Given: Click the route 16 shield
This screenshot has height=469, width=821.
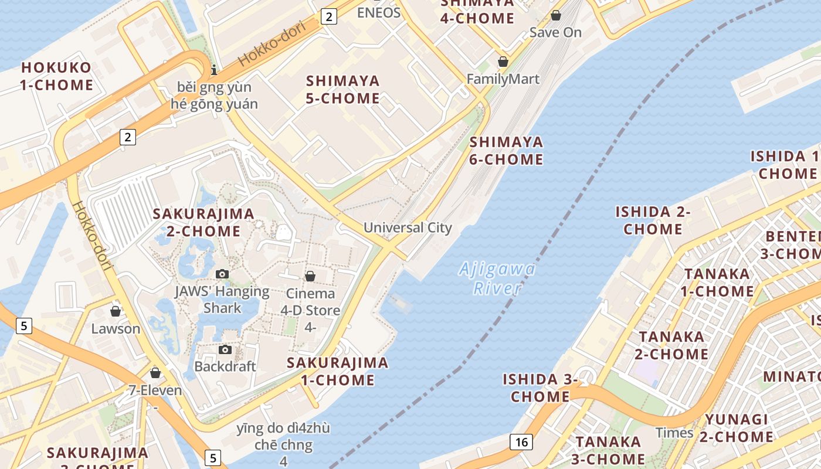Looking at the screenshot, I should pos(521,441).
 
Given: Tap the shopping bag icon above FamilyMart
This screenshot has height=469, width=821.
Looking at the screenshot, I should pos(503,62).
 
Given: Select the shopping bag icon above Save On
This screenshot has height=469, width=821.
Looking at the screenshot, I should pos(555,15).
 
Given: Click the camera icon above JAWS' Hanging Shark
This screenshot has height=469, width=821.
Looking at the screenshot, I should pos(222,274).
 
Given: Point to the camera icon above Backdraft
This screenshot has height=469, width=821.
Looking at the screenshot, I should pos(225,350).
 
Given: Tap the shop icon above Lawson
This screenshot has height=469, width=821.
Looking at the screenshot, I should pos(116,311).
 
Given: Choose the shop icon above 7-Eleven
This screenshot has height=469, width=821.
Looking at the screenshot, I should pos(155,373).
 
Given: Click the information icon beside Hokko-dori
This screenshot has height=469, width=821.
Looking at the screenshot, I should pos(214,70).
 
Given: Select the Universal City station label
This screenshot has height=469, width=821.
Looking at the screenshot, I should pos(408,227).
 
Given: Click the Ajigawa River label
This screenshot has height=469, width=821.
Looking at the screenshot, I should pos(497,278).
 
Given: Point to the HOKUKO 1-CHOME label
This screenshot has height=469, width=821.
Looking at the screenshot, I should pos(56,76).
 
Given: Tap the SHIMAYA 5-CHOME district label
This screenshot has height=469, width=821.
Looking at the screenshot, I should pos(343,89).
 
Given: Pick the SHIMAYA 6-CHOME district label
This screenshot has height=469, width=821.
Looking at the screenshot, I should pos(506,151).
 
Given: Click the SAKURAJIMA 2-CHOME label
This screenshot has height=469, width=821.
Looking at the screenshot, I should pos(203,222).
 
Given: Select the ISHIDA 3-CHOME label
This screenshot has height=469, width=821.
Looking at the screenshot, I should pos(540,388).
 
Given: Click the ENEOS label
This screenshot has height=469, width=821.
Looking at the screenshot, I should pos(379,13).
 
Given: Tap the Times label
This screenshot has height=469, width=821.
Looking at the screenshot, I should pos(674,433).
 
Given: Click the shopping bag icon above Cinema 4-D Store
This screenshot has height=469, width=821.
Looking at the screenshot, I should pos(310,276).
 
